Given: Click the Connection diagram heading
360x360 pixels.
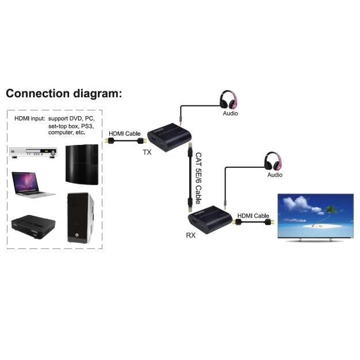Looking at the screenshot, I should (x=64, y=94).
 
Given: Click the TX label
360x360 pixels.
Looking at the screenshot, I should (x=148, y=152).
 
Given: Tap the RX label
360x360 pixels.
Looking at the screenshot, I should (x=190, y=235).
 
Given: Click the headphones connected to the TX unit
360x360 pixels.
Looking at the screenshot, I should (x=229, y=99).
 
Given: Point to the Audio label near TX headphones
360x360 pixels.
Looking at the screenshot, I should (x=230, y=113).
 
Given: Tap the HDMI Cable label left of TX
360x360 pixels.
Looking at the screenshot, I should (x=125, y=133).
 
